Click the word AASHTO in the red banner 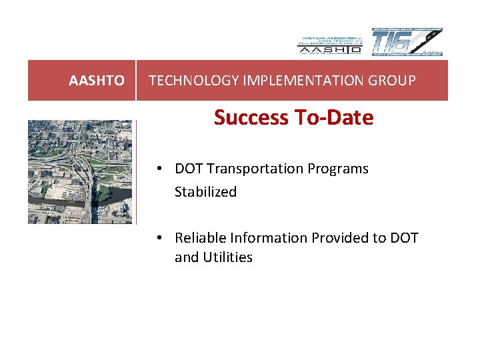coord(97,81)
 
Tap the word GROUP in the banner coord(396,81)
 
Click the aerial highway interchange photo coord(79,171)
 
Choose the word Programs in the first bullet coord(338,169)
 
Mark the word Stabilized coord(205,192)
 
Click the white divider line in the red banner coord(136,81)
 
